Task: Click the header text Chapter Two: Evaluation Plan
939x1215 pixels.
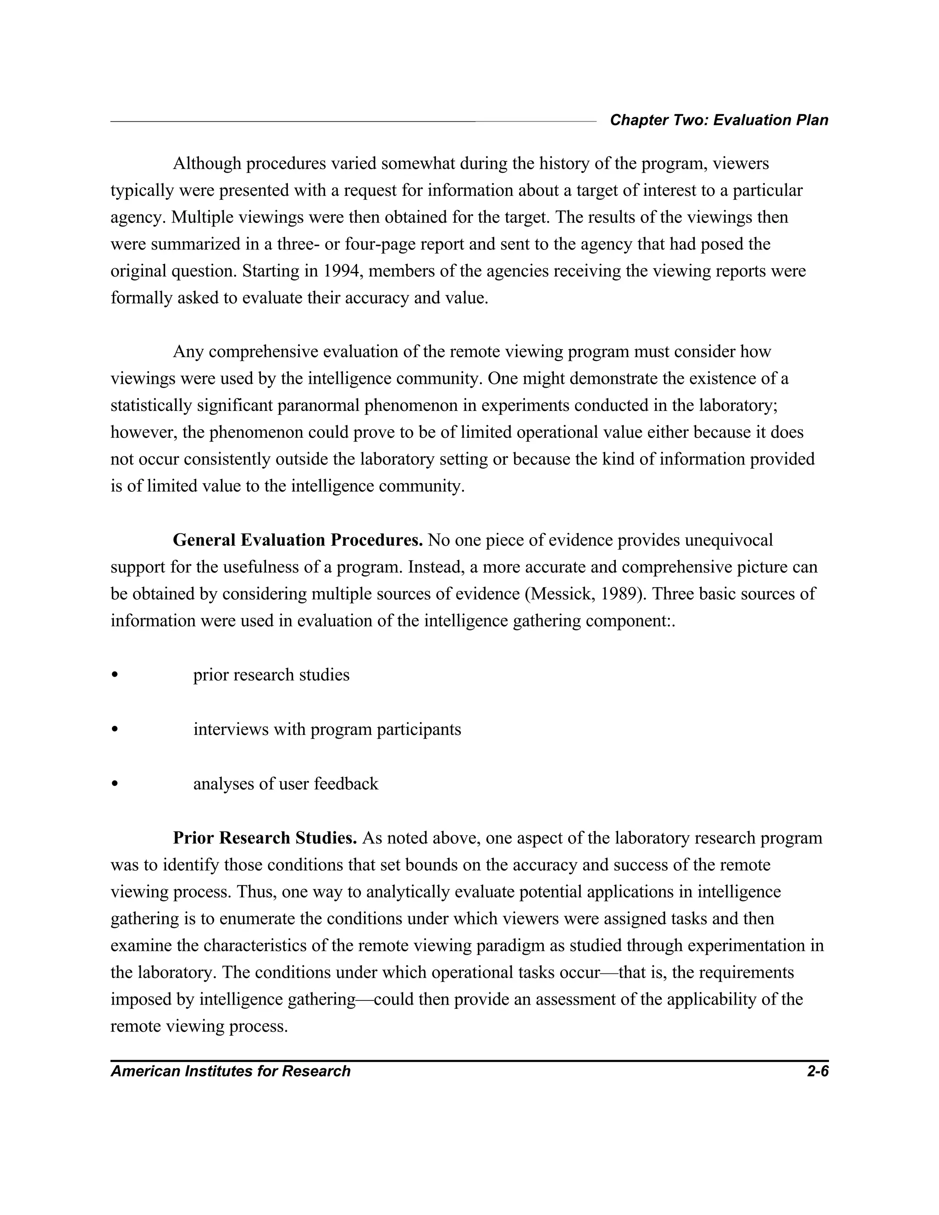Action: (719, 120)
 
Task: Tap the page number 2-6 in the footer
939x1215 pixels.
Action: (817, 1071)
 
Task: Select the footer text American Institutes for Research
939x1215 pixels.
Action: (230, 1071)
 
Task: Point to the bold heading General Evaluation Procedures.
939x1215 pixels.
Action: (298, 540)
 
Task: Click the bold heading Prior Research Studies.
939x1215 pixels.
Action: (265, 838)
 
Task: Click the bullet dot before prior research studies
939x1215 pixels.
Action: (115, 675)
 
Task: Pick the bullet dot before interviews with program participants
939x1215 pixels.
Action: (115, 729)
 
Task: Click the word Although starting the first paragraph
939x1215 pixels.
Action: (207, 164)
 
